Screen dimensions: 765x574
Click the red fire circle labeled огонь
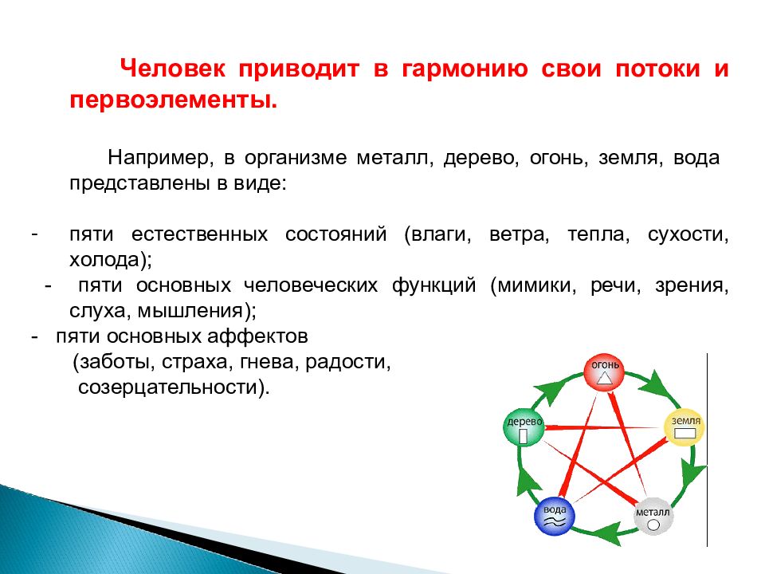pos(605,372)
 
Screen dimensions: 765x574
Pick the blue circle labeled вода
pos(555,516)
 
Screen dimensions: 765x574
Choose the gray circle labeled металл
pos(653,517)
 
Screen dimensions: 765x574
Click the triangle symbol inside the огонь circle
pos(605,377)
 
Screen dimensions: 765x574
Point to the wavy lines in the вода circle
pos(555,522)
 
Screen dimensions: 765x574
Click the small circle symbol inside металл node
pos(653,525)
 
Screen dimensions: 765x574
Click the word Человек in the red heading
pos(173,69)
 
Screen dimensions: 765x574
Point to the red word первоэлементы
pos(173,101)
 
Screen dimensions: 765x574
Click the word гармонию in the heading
pos(465,69)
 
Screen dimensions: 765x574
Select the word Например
pos(161,158)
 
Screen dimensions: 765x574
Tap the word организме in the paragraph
pos(296,158)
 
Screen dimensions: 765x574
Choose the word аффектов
pos(257,336)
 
